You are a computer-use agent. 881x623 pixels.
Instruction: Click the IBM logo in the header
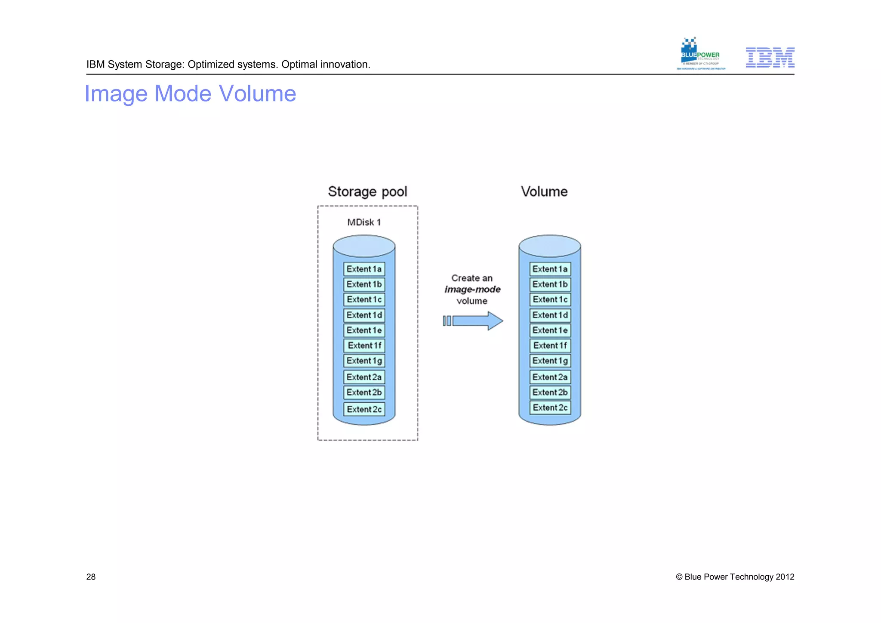coord(770,57)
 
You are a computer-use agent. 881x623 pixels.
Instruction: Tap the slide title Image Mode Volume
coord(190,93)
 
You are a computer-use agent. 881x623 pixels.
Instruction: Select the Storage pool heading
coord(367,191)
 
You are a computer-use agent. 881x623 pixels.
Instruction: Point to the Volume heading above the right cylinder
coord(544,191)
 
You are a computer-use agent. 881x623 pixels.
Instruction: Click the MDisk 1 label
coord(364,222)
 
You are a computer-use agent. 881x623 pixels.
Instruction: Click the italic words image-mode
coord(472,290)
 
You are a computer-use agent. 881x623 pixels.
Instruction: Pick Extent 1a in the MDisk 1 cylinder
coord(364,269)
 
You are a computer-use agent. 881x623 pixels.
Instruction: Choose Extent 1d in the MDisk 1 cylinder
coord(364,315)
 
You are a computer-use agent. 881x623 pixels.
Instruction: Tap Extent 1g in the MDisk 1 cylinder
coord(364,361)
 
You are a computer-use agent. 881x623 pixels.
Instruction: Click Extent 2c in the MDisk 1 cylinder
coord(364,410)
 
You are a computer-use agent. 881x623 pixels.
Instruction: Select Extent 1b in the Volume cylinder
coord(550,284)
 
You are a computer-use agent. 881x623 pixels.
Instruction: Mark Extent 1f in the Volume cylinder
coord(550,345)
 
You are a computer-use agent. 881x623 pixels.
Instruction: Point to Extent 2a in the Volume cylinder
coord(550,377)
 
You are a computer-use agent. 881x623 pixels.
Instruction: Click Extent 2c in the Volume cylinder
coord(550,408)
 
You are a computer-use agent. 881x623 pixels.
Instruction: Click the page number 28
coord(91,577)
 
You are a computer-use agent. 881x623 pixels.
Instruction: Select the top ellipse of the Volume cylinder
coord(549,246)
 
